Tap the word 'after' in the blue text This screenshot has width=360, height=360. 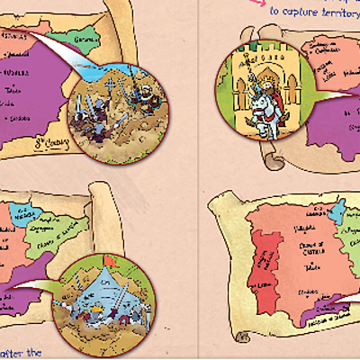[x=20, y=353]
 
